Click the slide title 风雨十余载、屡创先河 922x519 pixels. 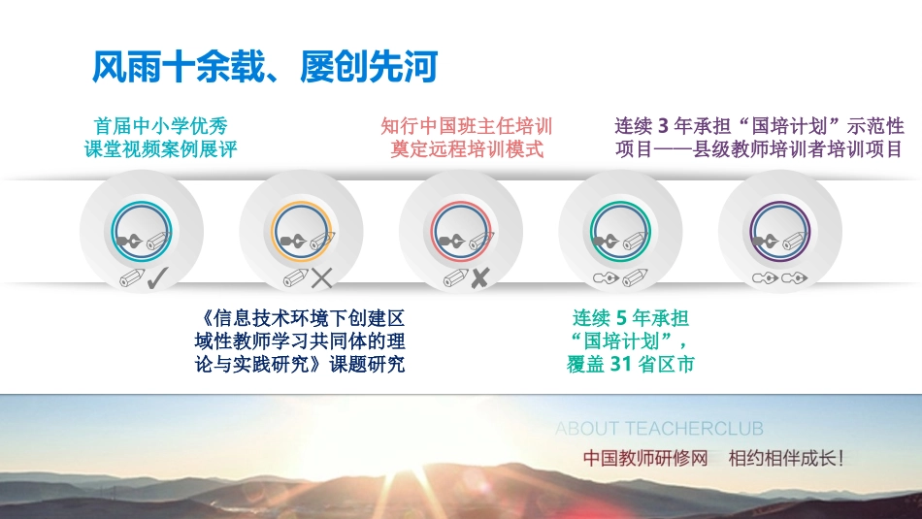coord(263,68)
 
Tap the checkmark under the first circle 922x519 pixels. coord(158,279)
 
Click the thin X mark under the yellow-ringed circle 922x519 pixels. coord(321,279)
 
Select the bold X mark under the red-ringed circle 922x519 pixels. coord(479,279)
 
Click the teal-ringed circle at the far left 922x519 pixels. coord(142,231)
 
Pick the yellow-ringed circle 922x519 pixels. coord(302,231)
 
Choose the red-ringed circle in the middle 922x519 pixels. coord(461,231)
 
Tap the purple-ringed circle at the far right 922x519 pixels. coord(780,231)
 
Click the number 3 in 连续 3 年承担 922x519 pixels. coord(664,126)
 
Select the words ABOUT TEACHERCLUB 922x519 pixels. coord(659,428)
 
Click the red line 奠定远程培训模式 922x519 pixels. coord(466,150)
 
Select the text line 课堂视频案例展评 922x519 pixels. coord(160,150)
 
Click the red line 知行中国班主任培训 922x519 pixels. coord(466,126)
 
